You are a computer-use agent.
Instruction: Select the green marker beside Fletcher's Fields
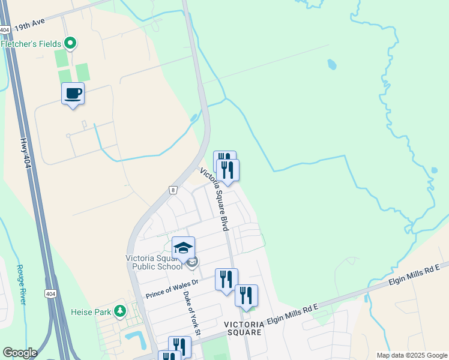point(70,43)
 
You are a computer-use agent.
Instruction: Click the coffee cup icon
point(73,94)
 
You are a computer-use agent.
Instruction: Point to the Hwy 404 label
point(24,152)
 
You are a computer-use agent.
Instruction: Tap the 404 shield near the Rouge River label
point(50,293)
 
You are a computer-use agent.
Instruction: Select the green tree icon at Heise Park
point(121,311)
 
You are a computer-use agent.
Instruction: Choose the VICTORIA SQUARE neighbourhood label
point(243,328)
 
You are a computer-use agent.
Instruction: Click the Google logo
point(20,353)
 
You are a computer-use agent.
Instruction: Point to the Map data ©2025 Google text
point(411,355)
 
